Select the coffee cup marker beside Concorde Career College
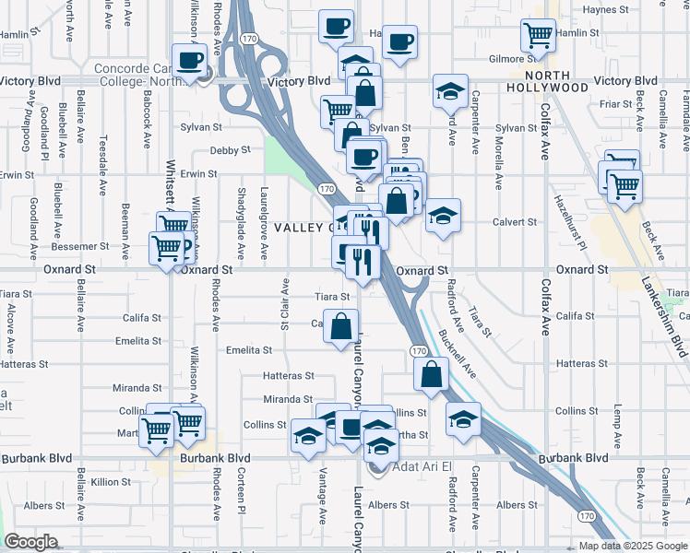pos(190,61)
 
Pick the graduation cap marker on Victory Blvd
pos(449,90)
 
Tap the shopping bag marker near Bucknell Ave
pos(431,374)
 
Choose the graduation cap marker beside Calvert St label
pos(443,218)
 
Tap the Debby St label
pos(230,150)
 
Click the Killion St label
pos(111,482)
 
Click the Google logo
pos(30,542)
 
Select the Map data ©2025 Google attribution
pos(632,546)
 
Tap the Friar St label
pos(614,104)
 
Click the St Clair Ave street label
pos(285,301)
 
